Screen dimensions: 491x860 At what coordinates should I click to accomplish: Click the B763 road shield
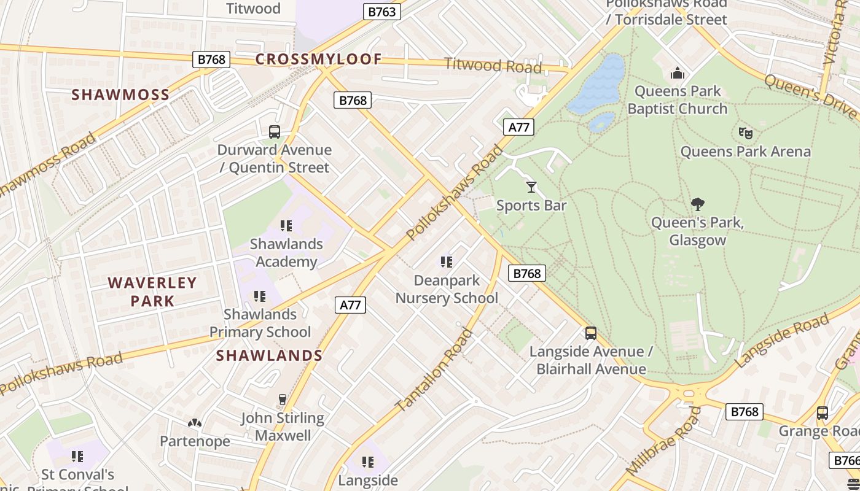point(381,12)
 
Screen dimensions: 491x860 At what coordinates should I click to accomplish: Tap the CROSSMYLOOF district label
point(318,60)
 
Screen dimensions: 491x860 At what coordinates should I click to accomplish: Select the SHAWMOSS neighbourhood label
point(120,95)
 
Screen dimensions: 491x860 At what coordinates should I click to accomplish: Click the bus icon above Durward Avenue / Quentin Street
point(275,131)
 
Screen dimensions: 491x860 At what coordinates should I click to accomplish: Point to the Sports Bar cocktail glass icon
point(531,187)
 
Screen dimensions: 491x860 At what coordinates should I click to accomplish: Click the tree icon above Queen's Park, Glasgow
point(697,204)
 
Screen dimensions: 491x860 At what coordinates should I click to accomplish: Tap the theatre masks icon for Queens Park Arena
point(746,133)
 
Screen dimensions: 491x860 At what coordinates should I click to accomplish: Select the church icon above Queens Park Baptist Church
point(678,73)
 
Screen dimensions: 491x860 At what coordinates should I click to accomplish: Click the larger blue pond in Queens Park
point(597,84)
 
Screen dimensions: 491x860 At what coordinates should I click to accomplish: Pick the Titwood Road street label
point(493,64)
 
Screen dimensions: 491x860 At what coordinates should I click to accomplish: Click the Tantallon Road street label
point(434,371)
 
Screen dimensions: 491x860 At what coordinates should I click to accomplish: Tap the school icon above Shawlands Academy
point(286,226)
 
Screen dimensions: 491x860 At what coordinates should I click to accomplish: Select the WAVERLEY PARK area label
point(152,292)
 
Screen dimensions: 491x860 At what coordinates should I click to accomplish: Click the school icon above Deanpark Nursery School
point(447,262)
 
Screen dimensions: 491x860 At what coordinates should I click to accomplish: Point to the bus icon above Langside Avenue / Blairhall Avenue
point(590,333)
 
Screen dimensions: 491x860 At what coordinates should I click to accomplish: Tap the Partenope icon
point(195,423)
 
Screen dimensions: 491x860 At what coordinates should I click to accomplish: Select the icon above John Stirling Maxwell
point(282,400)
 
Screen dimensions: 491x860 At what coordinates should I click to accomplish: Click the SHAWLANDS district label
point(269,355)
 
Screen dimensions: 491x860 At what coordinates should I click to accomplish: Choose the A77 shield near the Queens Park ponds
point(518,127)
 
